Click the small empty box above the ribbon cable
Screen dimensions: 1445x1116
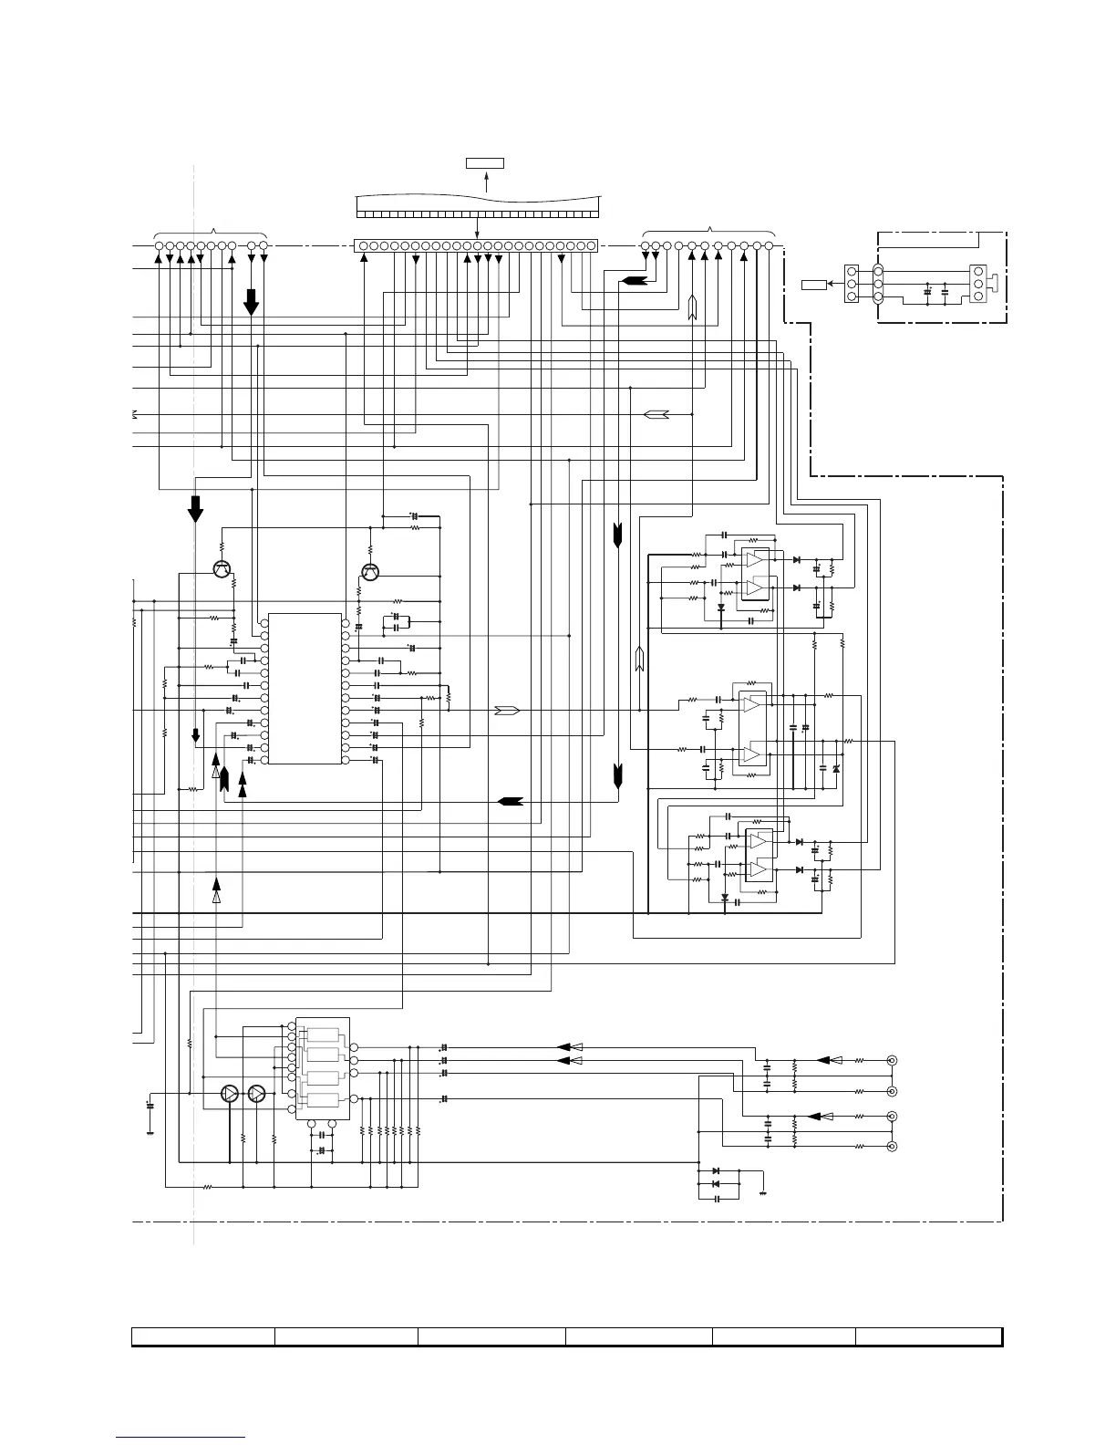(x=484, y=163)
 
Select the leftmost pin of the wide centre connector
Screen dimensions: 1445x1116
(x=359, y=246)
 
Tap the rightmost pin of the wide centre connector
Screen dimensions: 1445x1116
(x=592, y=246)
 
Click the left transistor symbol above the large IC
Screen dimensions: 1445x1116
(x=222, y=568)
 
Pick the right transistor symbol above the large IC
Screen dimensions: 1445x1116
(x=370, y=572)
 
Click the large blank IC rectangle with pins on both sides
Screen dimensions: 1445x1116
(x=305, y=689)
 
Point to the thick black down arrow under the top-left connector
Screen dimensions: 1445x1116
(x=252, y=301)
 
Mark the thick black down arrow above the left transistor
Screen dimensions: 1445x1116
(x=195, y=508)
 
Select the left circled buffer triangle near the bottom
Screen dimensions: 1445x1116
(x=230, y=1094)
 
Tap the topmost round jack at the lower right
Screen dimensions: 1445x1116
(x=892, y=1060)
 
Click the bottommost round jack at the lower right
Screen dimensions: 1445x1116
(x=892, y=1146)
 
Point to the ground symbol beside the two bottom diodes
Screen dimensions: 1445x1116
(x=763, y=1190)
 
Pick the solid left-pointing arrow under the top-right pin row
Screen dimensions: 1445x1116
(x=633, y=280)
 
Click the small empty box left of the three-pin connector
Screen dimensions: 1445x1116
(x=813, y=285)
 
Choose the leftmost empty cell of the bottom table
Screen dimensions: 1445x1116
(x=203, y=1336)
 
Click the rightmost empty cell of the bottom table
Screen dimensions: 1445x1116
(x=928, y=1336)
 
